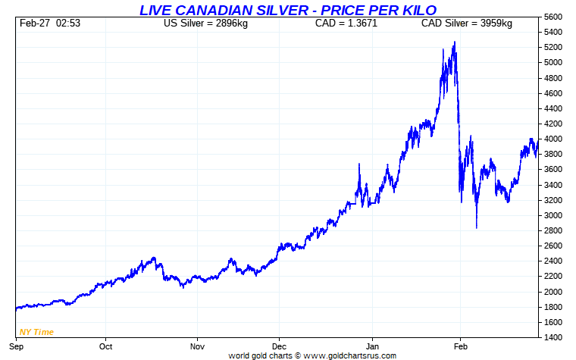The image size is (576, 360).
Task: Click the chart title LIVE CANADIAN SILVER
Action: [x=287, y=9]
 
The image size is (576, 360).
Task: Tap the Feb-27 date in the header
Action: [x=33, y=23]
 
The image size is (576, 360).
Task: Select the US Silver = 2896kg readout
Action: [x=205, y=23]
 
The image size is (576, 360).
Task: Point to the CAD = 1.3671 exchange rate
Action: [x=346, y=23]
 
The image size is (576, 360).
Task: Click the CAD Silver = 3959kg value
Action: [x=466, y=23]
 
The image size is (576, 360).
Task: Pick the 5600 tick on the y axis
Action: [x=553, y=17]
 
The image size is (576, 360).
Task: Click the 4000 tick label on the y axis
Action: [x=553, y=139]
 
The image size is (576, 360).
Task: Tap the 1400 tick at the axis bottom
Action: [x=553, y=338]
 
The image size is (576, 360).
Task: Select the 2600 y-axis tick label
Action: [x=553, y=246]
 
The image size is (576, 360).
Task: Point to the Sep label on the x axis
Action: [x=15, y=346]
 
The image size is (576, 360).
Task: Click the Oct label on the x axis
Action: [x=105, y=346]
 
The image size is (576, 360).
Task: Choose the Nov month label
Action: [x=197, y=346]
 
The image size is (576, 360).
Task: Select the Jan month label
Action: [x=372, y=346]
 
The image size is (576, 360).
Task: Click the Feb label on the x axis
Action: [x=460, y=346]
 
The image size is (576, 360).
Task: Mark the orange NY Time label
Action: [x=36, y=332]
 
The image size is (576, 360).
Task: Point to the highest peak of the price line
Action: [x=454, y=42]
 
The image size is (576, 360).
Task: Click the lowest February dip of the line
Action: [x=476, y=227]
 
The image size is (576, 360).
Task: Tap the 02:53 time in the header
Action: [x=68, y=23]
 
